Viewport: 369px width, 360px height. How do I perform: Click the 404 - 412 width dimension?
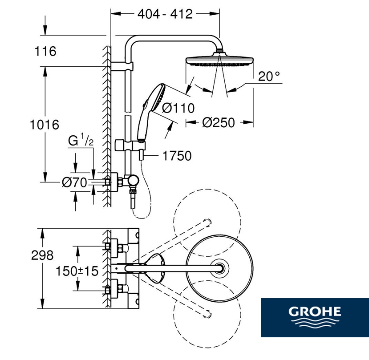[165, 14]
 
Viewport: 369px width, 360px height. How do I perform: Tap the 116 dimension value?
[45, 51]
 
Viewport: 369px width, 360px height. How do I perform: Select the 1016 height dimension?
[45, 125]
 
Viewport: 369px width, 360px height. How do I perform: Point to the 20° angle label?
[269, 77]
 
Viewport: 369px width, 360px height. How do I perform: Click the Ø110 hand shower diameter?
[178, 108]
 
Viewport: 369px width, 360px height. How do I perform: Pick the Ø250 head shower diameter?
[219, 122]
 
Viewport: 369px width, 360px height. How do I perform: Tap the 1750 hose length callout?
[177, 156]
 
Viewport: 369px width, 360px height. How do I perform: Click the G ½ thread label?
[81, 140]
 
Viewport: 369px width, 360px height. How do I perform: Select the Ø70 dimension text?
[74, 182]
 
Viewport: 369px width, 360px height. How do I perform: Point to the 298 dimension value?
[42, 255]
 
